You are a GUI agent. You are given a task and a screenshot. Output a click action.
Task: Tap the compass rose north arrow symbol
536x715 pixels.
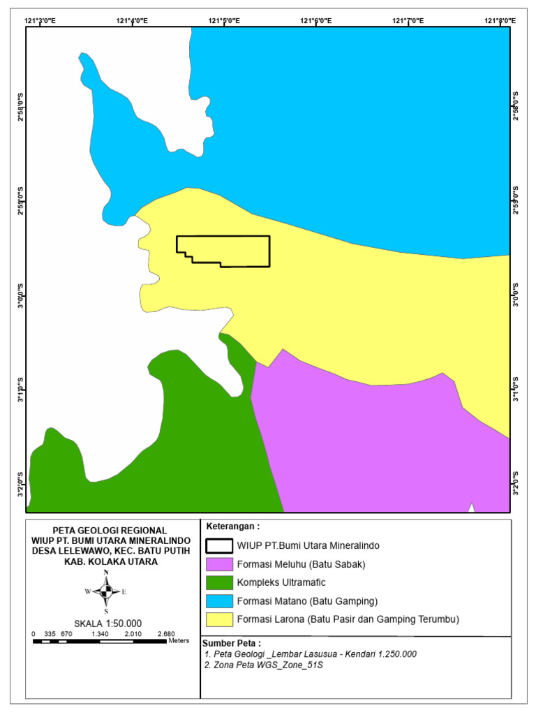click(x=106, y=592)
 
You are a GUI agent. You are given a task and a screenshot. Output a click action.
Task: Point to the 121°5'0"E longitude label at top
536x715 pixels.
click(x=224, y=21)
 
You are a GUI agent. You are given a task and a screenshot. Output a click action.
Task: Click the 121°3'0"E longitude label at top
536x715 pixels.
click(x=41, y=21)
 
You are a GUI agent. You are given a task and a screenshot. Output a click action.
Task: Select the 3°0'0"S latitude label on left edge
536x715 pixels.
click(x=20, y=295)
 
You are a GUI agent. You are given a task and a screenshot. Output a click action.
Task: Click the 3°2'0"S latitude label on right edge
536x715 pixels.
click(x=516, y=482)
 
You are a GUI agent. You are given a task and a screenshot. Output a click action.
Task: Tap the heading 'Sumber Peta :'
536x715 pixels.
click(x=232, y=643)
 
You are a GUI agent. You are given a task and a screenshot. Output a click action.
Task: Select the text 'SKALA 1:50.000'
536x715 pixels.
click(x=107, y=624)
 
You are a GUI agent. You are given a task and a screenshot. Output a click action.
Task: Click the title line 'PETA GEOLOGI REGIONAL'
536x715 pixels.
click(x=110, y=530)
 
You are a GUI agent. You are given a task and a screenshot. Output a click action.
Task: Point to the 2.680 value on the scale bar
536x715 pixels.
click(x=166, y=634)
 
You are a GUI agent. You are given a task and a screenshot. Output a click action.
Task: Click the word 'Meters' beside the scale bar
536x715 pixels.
click(x=179, y=640)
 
